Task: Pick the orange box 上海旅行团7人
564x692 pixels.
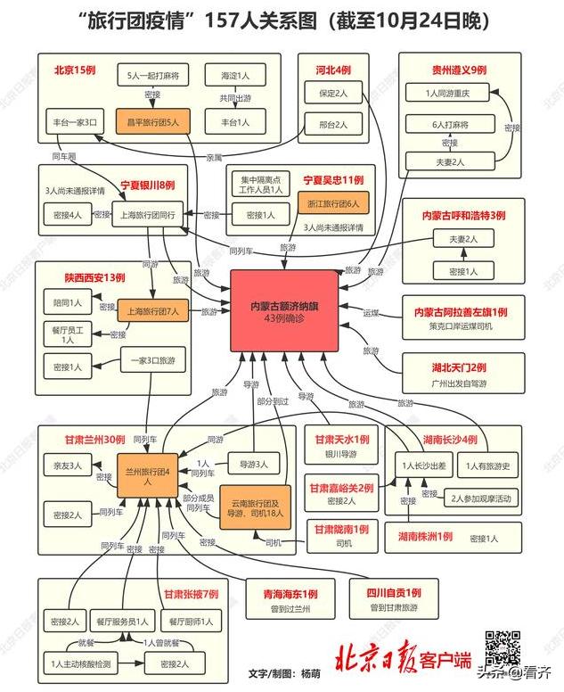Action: click(152, 312)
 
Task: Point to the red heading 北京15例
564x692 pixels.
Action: click(75, 70)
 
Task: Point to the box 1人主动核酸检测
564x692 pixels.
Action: click(81, 664)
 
